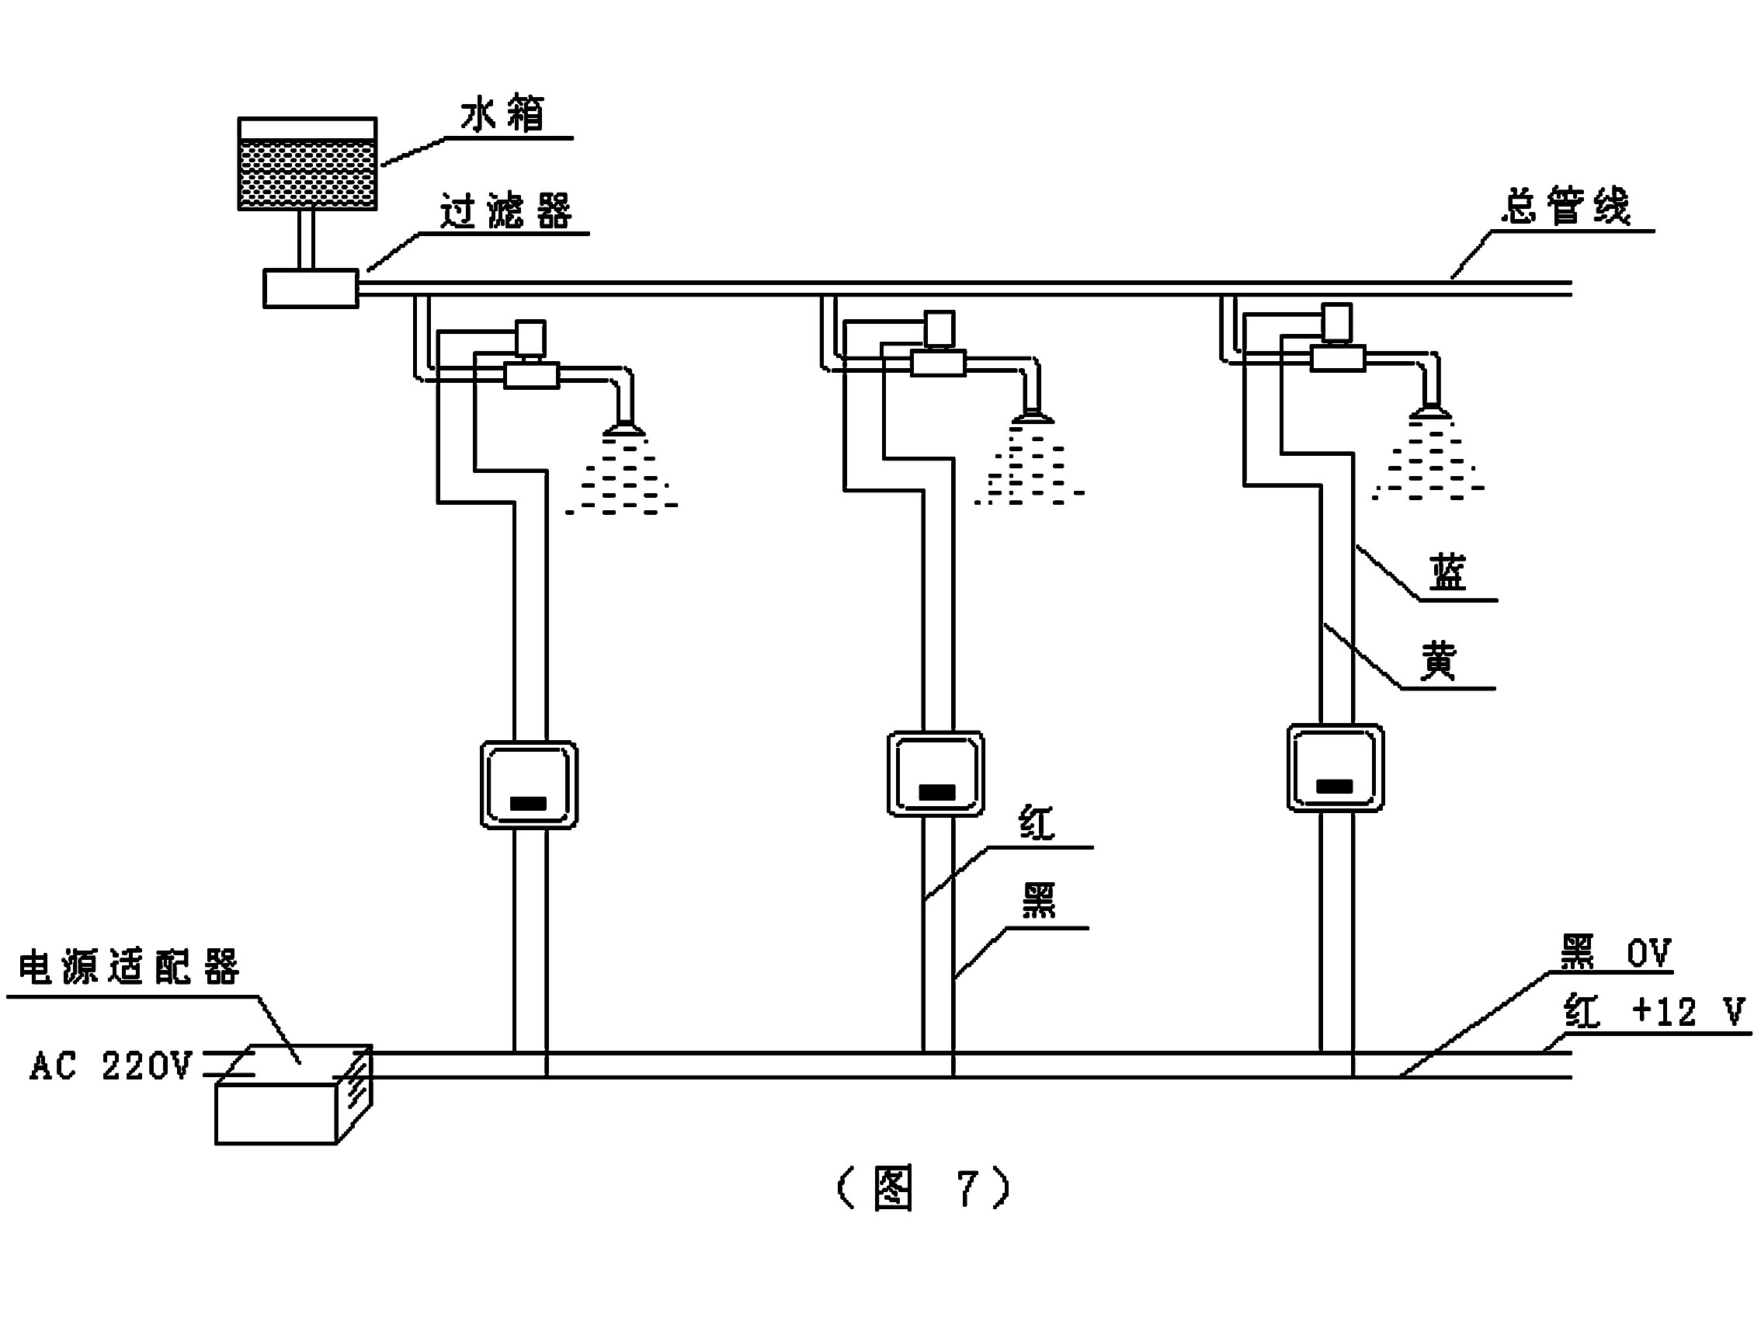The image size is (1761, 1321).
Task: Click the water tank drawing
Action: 307,164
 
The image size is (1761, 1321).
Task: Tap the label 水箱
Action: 503,115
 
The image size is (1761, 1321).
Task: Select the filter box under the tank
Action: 311,288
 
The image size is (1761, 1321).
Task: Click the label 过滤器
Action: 506,212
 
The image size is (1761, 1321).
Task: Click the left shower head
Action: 623,430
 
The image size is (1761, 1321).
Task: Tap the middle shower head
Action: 1033,417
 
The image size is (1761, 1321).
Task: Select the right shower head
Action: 1429,412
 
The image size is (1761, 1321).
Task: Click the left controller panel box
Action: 529,785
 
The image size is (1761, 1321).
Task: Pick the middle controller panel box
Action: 936,774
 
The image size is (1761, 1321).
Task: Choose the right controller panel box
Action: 1335,767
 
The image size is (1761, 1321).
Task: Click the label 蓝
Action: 1448,573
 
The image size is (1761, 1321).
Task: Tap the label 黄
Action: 1439,661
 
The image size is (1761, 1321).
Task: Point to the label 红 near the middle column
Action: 1037,823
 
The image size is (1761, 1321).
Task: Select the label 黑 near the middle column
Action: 1039,902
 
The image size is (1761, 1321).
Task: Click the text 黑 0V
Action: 1614,953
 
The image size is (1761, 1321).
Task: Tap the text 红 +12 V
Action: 1654,1012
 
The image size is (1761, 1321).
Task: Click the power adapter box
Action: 293,1096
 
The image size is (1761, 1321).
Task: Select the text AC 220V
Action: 112,1065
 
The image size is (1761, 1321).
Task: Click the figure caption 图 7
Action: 923,1189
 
